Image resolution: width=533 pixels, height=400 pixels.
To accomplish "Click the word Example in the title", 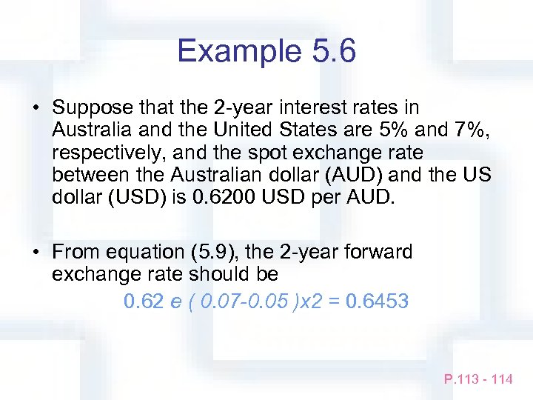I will click(235, 51).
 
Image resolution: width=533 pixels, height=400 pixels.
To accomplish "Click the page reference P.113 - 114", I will click(478, 379).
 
